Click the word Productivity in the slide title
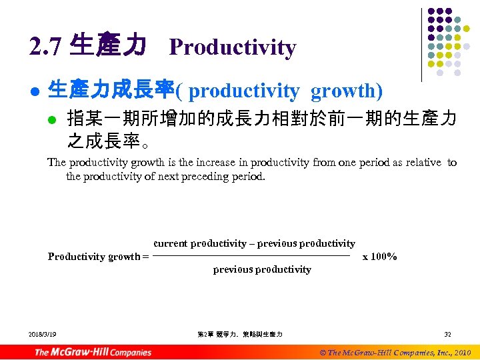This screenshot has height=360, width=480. click(232, 47)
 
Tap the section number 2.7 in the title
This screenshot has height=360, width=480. click(45, 47)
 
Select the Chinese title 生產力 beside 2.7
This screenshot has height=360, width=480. click(107, 46)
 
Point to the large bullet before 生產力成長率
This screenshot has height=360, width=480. click(33, 91)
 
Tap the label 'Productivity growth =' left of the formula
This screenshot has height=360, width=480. click(98, 257)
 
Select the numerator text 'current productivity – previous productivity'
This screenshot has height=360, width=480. click(254, 244)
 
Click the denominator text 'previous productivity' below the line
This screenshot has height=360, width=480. click(262, 269)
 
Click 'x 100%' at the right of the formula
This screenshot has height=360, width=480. click(379, 257)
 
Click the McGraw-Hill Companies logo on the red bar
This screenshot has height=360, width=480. click(93, 352)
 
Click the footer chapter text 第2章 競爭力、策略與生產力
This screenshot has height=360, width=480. click(240, 334)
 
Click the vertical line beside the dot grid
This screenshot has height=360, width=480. click(422, 43)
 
